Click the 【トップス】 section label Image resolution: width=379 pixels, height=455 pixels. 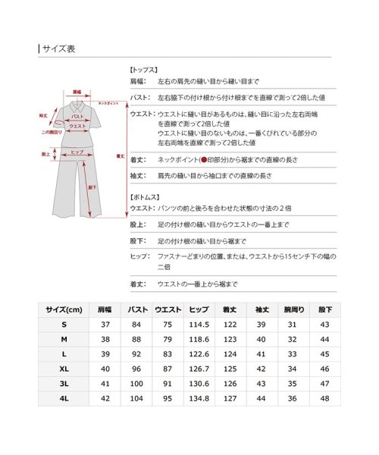click(144, 68)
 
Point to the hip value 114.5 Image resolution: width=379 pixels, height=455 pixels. click(199, 325)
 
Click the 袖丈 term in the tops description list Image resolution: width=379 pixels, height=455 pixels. click(138, 175)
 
